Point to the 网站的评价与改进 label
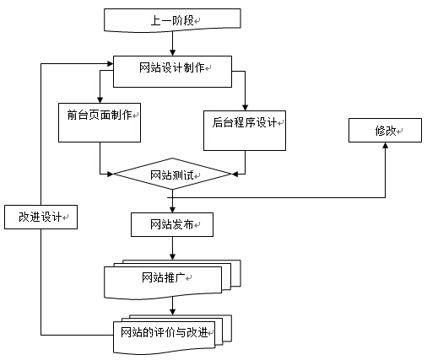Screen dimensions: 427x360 [x=165, y=332]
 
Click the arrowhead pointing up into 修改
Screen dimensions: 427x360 [x=386, y=145]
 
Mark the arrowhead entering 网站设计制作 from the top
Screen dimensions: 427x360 [x=173, y=52]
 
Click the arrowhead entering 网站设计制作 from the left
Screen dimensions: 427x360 [x=110, y=64]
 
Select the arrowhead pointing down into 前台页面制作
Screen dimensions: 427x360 [x=100, y=99]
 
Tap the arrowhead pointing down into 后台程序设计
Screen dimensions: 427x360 [x=245, y=107]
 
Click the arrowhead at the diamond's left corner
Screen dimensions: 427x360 [x=111, y=174]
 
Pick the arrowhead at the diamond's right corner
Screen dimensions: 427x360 [x=235, y=174]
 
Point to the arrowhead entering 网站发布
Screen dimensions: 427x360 [x=173, y=209]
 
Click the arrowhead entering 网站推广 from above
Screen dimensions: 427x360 [x=173, y=256]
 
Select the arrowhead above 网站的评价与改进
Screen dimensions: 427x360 [x=173, y=312]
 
